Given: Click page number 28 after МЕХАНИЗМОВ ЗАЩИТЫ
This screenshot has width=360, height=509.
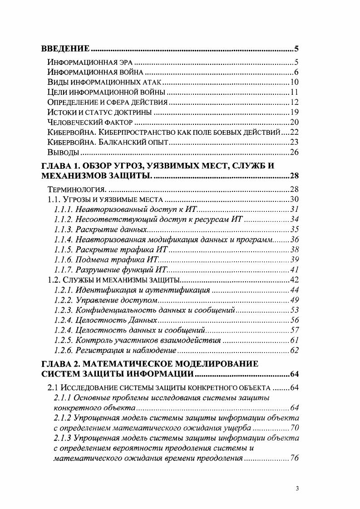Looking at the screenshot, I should point(293,176).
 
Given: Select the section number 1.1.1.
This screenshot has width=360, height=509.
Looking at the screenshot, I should point(63,210).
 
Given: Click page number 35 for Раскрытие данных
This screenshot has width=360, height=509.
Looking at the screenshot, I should point(294,230).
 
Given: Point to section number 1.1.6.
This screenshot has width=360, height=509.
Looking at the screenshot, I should point(63,259).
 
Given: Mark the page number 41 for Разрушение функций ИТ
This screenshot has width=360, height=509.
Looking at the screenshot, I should point(294,269).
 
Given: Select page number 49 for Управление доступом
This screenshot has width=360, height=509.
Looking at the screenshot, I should point(294,300).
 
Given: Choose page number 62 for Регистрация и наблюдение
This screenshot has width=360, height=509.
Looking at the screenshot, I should point(294,350).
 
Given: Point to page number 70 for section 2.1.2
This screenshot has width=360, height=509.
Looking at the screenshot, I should point(294,428).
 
